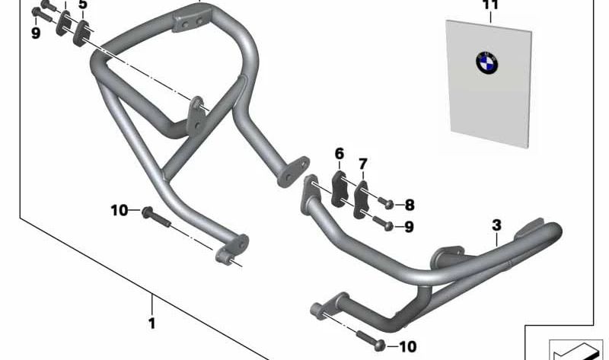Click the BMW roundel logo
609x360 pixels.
tap(486, 63)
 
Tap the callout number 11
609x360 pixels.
tap(490, 5)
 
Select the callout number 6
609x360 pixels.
tap(340, 154)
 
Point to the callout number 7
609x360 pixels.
tap(363, 164)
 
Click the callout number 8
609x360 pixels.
tap(410, 205)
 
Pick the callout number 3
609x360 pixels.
tap(497, 225)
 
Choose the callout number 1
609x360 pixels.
tap(152, 323)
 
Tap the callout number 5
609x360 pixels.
tap(83, 5)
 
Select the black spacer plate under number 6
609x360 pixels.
tap(339, 189)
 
